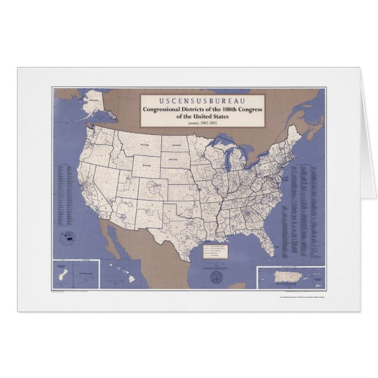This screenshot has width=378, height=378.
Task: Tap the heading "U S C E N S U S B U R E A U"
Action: [x=202, y=99]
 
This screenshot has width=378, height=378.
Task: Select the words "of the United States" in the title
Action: [x=202, y=117]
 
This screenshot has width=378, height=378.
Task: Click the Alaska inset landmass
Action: [x=94, y=106]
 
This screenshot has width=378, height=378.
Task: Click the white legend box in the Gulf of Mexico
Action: [x=215, y=251]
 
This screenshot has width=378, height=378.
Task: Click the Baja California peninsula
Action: [x=109, y=238]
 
